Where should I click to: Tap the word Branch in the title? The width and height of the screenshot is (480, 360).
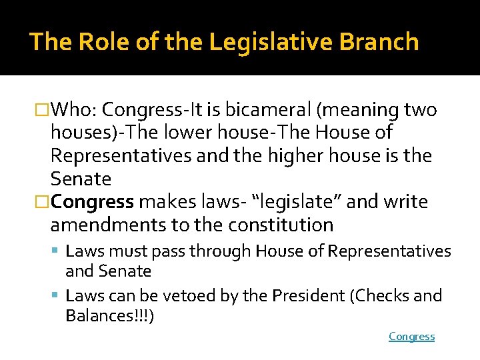[x=379, y=42]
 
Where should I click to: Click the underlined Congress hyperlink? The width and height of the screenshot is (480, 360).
[x=411, y=337]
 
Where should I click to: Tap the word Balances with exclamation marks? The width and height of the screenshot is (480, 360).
[x=110, y=315]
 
